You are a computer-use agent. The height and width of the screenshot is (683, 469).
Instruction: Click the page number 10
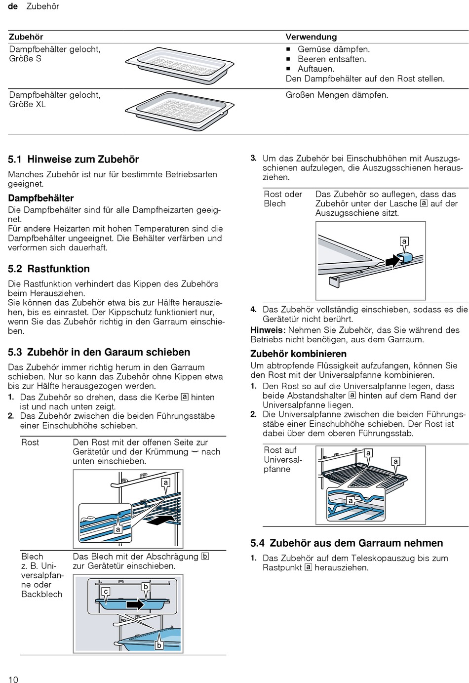click(x=13, y=680)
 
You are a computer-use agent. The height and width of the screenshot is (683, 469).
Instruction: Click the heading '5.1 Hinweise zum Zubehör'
click(x=74, y=160)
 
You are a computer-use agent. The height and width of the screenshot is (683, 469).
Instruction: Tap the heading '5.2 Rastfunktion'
click(x=49, y=269)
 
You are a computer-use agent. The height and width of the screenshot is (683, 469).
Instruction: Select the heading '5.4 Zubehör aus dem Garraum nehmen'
click(x=347, y=543)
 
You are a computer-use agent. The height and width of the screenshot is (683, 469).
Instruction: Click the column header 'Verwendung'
click(x=311, y=37)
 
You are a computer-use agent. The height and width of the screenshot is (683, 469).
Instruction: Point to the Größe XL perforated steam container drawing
click(x=179, y=110)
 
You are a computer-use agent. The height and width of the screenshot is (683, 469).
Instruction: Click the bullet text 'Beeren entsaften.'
click(x=332, y=59)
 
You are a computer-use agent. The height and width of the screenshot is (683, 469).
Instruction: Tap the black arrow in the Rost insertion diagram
click(x=163, y=520)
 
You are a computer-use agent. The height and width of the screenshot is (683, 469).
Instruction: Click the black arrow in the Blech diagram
click(x=135, y=604)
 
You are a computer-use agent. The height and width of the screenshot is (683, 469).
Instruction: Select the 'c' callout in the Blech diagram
click(x=106, y=592)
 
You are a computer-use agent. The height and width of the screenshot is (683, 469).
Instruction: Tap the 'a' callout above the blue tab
click(x=404, y=241)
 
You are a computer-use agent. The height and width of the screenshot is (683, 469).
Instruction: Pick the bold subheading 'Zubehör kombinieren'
click(x=298, y=354)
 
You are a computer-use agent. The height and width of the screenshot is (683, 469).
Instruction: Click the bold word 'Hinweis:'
click(x=268, y=330)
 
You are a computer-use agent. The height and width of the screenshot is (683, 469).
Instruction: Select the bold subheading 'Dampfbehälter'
click(x=41, y=199)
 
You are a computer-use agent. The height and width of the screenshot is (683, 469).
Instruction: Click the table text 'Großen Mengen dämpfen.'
click(x=337, y=95)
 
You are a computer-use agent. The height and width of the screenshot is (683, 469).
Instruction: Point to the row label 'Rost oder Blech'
click(x=283, y=199)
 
